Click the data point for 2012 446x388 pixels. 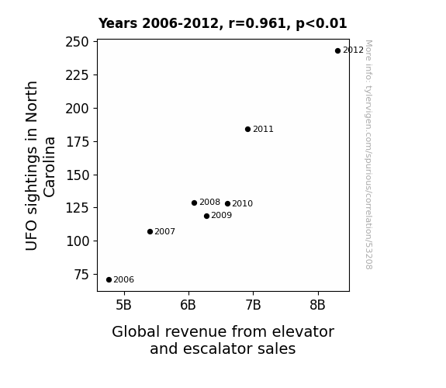tap(337, 51)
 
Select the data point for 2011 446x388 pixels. tap(247, 130)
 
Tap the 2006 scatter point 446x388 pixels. tap(109, 280)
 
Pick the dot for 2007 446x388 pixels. tap(150, 232)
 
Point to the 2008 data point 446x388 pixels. tap(194, 203)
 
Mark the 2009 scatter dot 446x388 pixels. tap(206, 216)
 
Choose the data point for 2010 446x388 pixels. tap(227, 203)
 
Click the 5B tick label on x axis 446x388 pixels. tap(124, 305)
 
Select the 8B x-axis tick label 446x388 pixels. tap(317, 305)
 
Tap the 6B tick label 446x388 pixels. tap(188, 305)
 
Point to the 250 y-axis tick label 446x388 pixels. tap(77, 42)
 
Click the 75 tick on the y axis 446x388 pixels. tap(81, 275)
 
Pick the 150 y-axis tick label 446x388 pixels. tap(78, 175)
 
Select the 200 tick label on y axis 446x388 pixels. tap(77, 109)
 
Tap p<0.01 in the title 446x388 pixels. tap(321, 24)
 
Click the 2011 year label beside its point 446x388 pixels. tap(263, 130)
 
